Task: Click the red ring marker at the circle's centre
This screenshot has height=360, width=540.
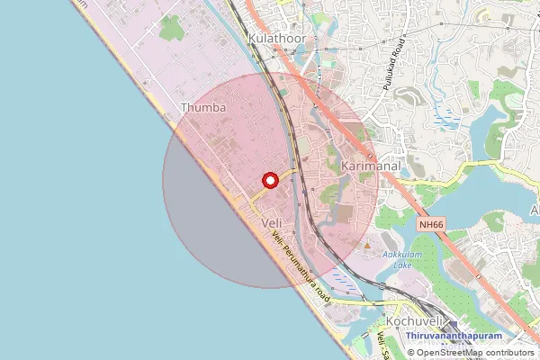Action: [268, 180]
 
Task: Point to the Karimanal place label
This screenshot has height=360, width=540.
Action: [369, 167]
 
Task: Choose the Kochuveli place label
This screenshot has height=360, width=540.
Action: [411, 321]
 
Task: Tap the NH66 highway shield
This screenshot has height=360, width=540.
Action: [431, 223]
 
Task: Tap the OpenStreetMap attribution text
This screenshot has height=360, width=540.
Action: [469, 353]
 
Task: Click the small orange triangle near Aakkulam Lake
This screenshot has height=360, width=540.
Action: [366, 246]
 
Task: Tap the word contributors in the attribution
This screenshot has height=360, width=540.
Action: [509, 353]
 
